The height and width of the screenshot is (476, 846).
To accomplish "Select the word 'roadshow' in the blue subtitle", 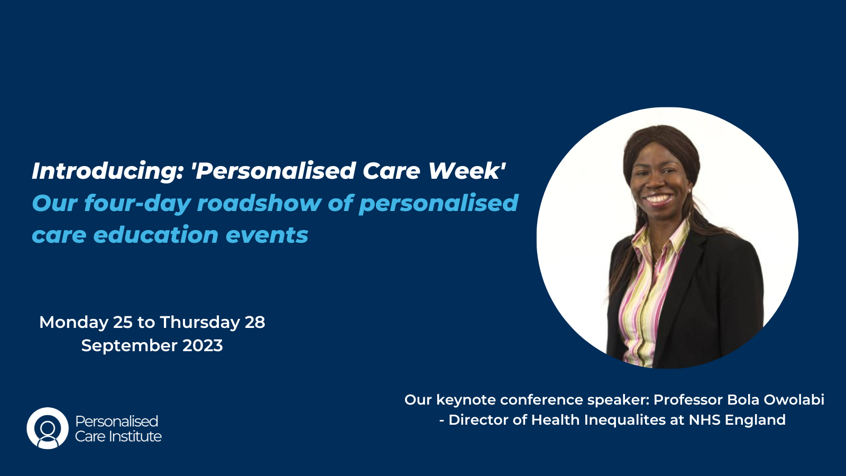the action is pyautogui.click(x=259, y=203).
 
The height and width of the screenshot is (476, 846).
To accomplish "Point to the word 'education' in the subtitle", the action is pyautogui.click(x=155, y=235).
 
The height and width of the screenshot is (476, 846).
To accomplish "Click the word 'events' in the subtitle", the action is pyautogui.click(x=267, y=235).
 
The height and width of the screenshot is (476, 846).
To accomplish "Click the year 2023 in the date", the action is pyautogui.click(x=203, y=346).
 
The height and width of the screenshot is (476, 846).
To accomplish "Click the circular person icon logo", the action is pyautogui.click(x=48, y=428).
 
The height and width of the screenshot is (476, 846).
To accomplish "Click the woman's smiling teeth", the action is pyautogui.click(x=658, y=198).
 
